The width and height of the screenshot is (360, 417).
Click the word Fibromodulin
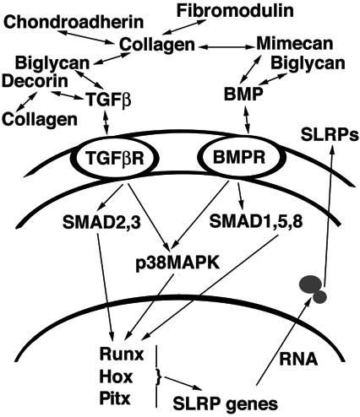coord(235,11)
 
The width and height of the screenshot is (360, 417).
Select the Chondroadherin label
coord(74,22)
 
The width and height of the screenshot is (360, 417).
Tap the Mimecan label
coord(295,44)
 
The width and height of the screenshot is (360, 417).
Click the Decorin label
coord(35,81)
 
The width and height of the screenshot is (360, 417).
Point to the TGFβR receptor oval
coord(116,158)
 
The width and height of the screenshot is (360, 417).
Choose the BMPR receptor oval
coord(239,157)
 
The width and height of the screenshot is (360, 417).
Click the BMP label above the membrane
coord(243,95)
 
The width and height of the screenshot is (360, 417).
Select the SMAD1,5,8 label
coord(256,221)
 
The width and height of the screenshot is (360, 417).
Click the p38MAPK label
coord(177,264)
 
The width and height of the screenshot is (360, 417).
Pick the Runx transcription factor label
coord(122,354)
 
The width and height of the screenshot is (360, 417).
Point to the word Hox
coord(116,376)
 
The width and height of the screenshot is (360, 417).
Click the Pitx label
coord(115,398)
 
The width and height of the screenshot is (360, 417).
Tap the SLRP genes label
coord(226,404)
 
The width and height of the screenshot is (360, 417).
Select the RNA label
coord(298,359)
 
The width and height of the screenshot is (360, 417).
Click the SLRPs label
coord(330,135)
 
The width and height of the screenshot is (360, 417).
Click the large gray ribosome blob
coord(310,284)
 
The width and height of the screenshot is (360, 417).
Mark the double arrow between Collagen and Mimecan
coord(226,47)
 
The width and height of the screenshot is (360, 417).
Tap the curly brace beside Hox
coord(160,377)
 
